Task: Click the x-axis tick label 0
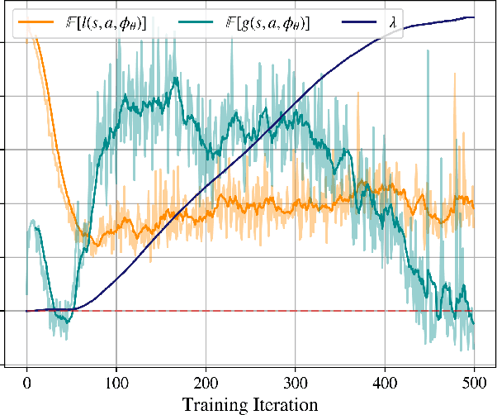point(27,384)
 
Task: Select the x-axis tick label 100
point(116,384)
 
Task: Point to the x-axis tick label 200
point(206,384)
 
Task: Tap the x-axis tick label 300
point(296,384)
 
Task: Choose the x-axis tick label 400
point(385,384)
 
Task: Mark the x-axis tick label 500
point(474,384)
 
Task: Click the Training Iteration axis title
point(251,405)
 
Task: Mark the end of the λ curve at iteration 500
point(474,17)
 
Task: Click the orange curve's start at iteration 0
point(28,31)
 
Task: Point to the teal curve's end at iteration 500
point(474,324)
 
